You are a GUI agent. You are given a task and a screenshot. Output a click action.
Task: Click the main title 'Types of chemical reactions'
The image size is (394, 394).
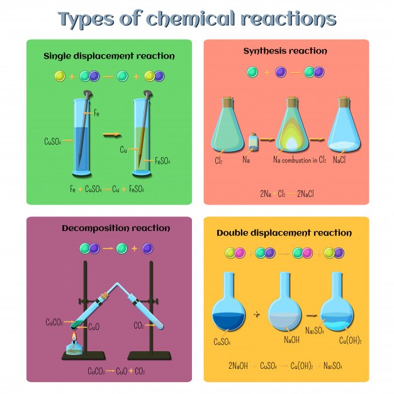(x=197, y=19)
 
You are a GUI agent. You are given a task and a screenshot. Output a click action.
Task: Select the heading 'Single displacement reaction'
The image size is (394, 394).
(x=109, y=56)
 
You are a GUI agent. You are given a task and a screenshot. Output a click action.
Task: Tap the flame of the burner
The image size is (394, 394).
(x=74, y=341)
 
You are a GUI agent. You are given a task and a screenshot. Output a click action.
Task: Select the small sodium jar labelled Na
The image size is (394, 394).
(x=254, y=144)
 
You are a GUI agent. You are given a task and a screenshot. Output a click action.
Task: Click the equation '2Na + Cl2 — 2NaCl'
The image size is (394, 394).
(x=286, y=193)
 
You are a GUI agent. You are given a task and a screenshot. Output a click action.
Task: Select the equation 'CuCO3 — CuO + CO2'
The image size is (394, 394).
(x=116, y=371)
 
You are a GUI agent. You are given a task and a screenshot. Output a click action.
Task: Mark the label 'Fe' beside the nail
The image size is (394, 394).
(x=96, y=113)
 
